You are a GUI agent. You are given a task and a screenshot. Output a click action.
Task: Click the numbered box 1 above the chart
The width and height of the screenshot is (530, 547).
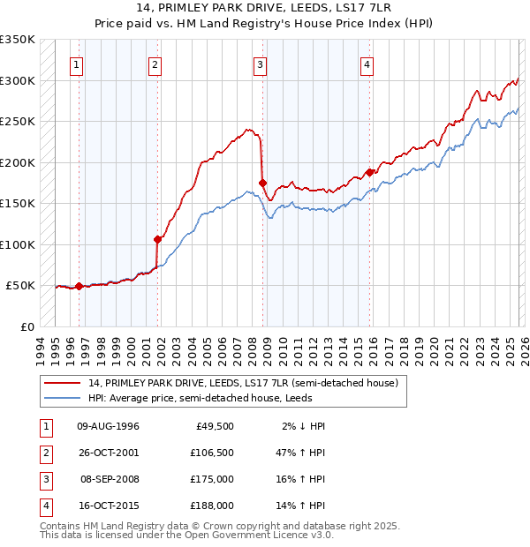[78, 64]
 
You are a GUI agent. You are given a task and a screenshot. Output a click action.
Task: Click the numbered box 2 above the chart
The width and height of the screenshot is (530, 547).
[155, 64]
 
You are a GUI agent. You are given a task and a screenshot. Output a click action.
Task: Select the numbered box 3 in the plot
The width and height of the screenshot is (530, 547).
[261, 64]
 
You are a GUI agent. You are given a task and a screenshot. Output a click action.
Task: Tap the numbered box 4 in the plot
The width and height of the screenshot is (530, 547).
[366, 64]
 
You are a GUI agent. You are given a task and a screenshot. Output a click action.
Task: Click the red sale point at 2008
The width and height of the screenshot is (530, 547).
[262, 184]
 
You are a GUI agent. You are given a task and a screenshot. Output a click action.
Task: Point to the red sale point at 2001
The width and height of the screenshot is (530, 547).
[158, 239]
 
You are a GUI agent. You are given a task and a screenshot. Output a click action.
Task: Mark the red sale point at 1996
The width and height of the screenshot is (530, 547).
[79, 286]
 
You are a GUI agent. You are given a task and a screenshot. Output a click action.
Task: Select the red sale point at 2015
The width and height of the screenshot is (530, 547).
[370, 173]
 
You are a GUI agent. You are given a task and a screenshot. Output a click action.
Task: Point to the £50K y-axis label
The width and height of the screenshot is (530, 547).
[20, 286]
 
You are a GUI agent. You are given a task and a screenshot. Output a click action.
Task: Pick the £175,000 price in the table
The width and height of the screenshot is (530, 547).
[212, 480]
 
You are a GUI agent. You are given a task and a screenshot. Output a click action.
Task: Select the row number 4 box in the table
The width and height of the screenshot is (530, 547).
[45, 506]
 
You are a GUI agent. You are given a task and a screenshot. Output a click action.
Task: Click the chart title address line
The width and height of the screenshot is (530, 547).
[265, 9]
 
